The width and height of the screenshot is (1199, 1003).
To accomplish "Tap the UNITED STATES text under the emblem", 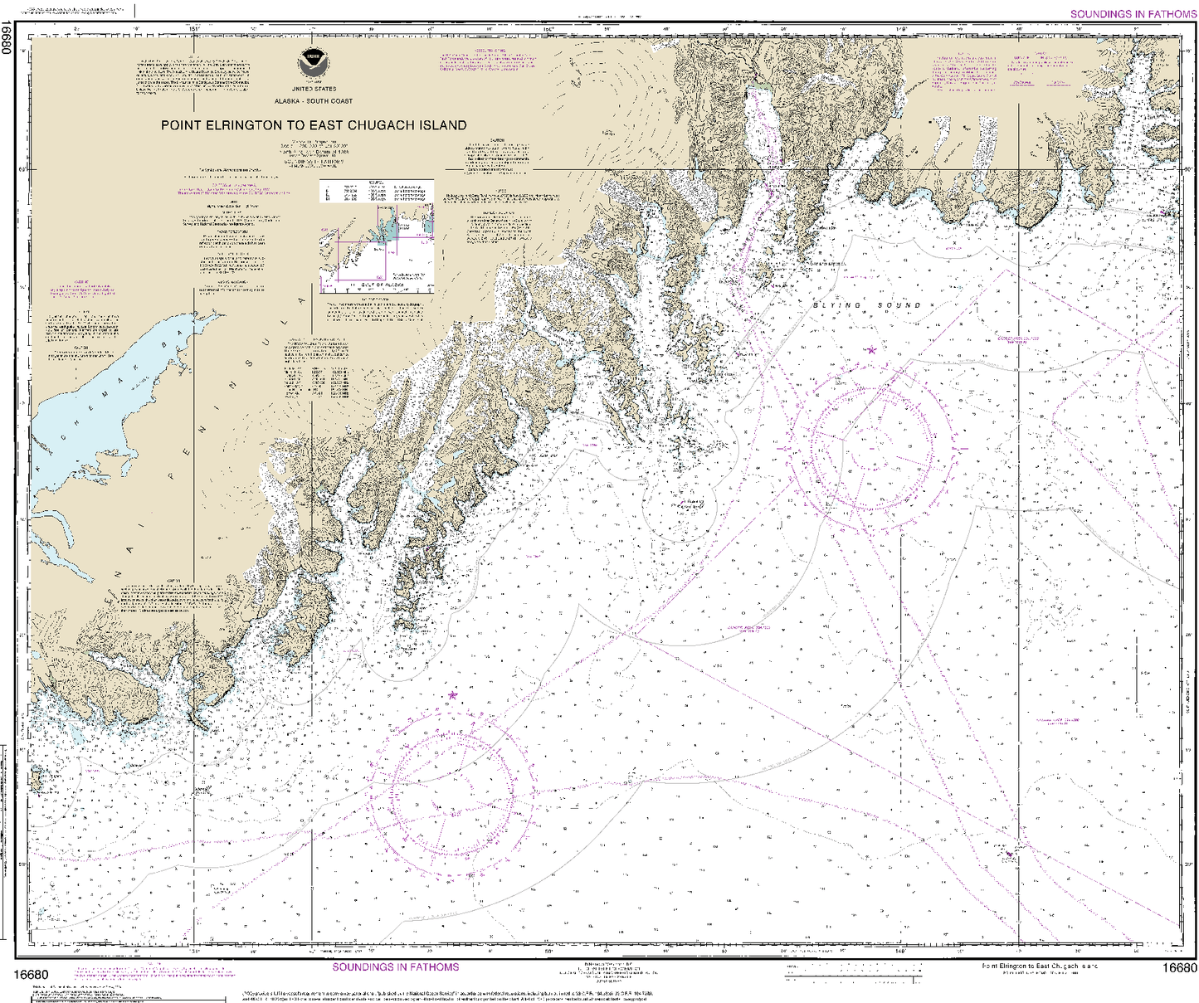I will (x=314, y=89).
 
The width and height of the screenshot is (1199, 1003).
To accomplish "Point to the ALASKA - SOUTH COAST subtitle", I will (x=314, y=101).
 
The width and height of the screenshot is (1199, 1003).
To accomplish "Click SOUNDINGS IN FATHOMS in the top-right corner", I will (x=1133, y=14).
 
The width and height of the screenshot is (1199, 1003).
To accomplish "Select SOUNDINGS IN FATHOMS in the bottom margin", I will (x=395, y=967).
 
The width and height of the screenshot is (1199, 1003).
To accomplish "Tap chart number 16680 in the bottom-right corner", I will (x=1178, y=969).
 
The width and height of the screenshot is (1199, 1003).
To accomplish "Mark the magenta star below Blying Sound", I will (x=871, y=350).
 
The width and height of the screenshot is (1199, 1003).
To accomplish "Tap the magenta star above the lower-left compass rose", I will (x=452, y=695).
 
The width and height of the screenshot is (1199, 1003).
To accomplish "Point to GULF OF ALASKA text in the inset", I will (x=382, y=285).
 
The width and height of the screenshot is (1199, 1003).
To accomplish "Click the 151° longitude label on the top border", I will (x=194, y=29).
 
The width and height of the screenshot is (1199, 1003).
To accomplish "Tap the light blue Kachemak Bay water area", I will (x=108, y=398).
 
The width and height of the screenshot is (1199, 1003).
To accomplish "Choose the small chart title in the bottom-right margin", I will (x=1040, y=966).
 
